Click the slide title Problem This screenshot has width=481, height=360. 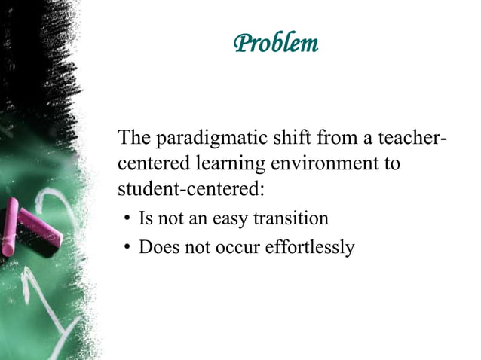point(276,44)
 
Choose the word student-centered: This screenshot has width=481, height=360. point(191,187)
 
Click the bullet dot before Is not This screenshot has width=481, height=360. point(128,220)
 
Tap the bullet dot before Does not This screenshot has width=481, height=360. point(128,248)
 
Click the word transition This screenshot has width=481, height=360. point(291,218)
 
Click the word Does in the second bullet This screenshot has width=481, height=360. point(157,246)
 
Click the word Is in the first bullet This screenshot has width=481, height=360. point(145,218)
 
